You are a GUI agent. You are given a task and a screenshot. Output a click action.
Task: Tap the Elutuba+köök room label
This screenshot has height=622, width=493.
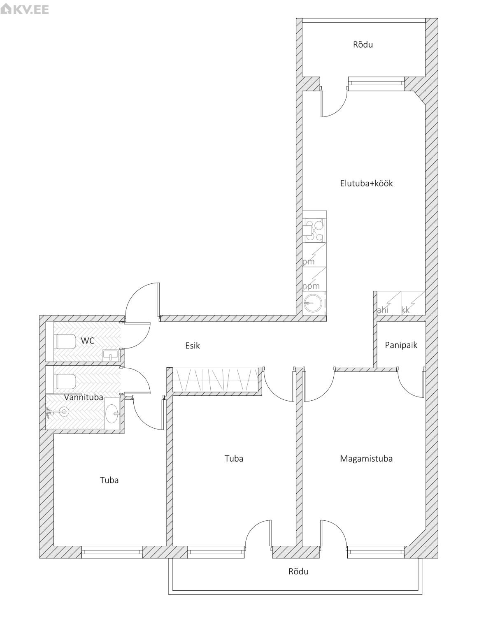point(366,183)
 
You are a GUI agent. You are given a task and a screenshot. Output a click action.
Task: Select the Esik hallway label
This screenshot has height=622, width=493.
point(193,346)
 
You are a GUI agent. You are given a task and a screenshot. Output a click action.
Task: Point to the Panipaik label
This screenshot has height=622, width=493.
point(401,345)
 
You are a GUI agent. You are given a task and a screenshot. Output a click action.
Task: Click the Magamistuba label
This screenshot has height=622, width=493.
point(366,459)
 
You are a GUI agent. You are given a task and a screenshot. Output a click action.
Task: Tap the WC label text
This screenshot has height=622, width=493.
point(88,341)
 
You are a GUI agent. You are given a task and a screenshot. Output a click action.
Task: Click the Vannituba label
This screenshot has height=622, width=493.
point(84,397)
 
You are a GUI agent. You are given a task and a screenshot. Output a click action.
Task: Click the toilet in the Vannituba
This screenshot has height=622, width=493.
point(65,381)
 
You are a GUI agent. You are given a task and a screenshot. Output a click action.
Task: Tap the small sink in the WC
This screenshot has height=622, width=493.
point(111,355)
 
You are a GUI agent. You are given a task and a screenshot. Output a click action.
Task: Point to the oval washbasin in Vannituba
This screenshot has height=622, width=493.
point(112,414)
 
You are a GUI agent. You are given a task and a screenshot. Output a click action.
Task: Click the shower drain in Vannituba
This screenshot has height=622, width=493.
point(64,412)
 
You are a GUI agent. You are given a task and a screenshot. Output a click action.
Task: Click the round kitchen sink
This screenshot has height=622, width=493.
point(313,304)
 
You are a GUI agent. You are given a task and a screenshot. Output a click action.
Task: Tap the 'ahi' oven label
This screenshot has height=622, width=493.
point(383,310)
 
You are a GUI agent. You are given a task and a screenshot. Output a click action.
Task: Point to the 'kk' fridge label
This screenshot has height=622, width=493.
point(406,310)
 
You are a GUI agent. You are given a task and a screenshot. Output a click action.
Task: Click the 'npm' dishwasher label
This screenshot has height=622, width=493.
point(311,286)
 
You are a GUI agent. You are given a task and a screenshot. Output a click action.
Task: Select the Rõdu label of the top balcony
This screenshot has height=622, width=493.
point(363,44)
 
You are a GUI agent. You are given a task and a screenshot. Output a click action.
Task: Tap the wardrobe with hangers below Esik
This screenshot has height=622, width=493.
point(215,380)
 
